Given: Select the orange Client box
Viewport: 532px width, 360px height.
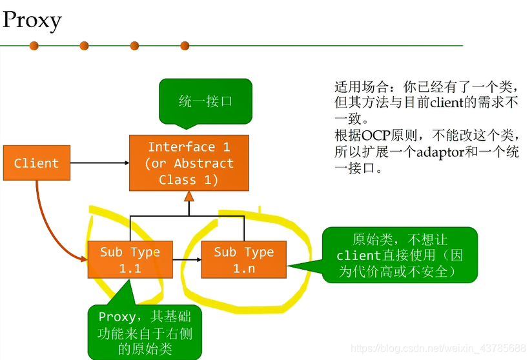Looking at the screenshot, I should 36,163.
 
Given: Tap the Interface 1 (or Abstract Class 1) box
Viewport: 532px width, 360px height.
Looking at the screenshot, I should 189,163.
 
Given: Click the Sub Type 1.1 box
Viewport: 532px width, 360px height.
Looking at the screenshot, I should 130,260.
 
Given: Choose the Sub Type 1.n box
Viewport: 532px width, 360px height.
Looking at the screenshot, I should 243,260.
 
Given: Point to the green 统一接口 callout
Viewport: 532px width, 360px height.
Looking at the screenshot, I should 205,101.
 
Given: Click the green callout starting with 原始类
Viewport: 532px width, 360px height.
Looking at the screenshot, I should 400,255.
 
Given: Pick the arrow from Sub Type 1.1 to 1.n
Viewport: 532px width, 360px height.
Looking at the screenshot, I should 186,260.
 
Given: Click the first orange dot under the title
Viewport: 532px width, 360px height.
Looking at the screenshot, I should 34,46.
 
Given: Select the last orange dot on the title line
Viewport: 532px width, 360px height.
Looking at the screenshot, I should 185,46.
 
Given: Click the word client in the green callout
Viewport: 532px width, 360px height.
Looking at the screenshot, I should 358,255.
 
